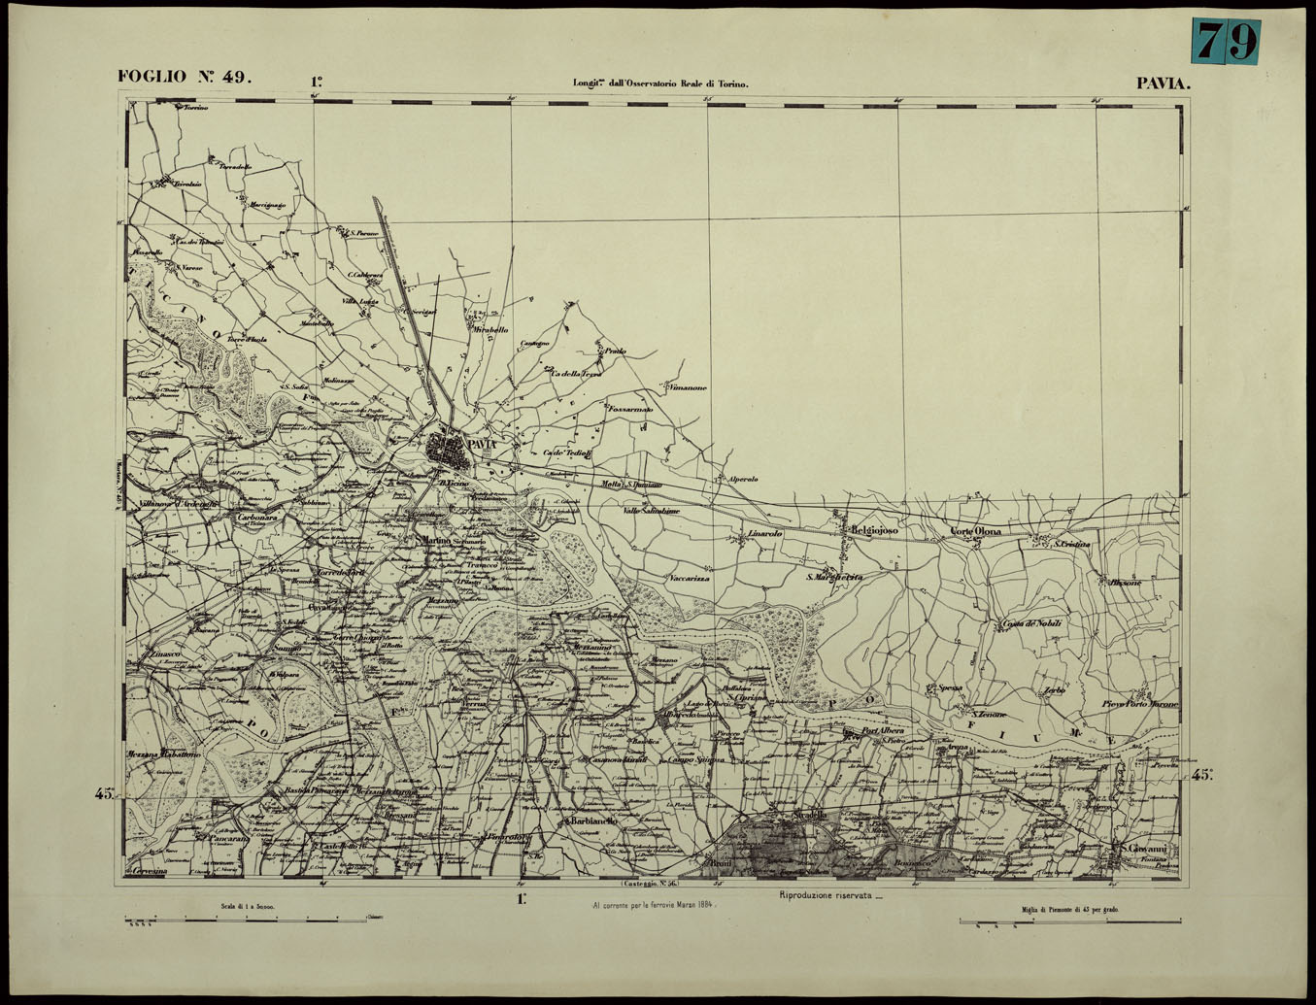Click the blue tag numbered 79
point(1226,42)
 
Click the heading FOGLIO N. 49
point(185,77)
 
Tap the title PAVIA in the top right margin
point(1163,84)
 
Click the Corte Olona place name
point(975,531)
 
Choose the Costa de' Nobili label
point(1031,623)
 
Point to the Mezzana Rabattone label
point(163,754)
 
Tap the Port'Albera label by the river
point(883,730)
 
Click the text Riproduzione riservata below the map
point(825,894)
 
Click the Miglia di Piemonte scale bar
point(1069,921)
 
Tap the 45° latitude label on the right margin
point(1202,774)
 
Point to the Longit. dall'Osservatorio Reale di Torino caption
point(660,84)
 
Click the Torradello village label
point(235,167)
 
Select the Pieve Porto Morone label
point(1140,704)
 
